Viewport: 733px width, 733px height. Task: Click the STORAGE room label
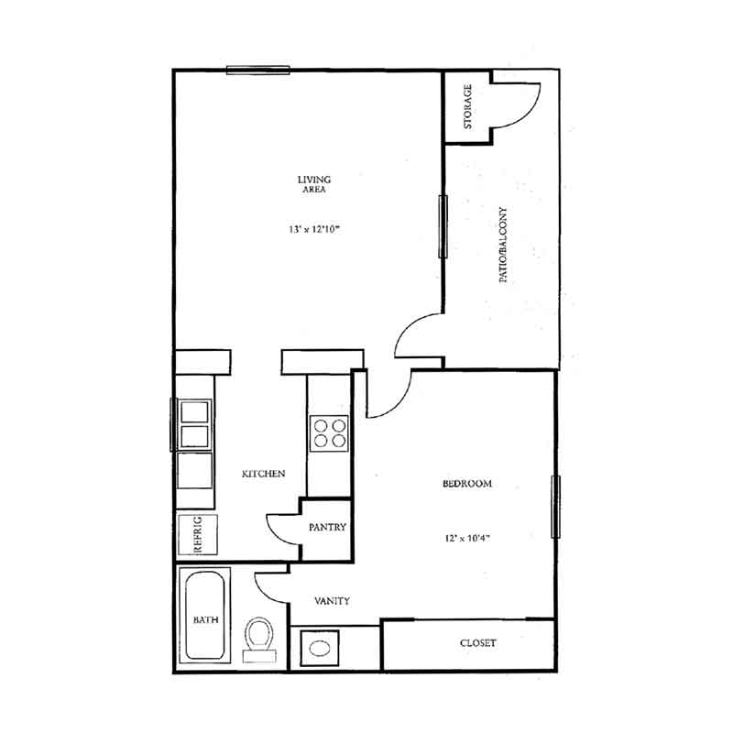point(467,106)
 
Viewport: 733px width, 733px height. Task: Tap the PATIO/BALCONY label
point(503,245)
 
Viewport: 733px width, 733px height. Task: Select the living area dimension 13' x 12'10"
point(313,229)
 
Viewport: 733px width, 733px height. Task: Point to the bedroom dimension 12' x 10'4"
point(467,538)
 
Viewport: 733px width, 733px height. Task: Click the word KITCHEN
point(263,474)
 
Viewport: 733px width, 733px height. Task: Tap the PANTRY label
point(327,527)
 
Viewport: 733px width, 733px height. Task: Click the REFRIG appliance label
point(198,534)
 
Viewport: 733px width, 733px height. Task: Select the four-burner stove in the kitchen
point(329,433)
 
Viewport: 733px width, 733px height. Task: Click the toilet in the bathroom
point(259,639)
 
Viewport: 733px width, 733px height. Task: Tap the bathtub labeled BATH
point(205,615)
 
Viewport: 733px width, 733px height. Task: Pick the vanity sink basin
point(319,648)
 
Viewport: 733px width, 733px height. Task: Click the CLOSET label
point(477,643)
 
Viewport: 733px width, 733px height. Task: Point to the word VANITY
point(332,601)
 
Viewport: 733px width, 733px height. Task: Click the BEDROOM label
point(467,484)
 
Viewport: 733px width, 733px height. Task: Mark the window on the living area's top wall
point(258,71)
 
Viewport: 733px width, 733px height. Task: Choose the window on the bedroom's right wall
point(556,507)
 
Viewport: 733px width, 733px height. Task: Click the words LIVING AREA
point(314,184)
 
